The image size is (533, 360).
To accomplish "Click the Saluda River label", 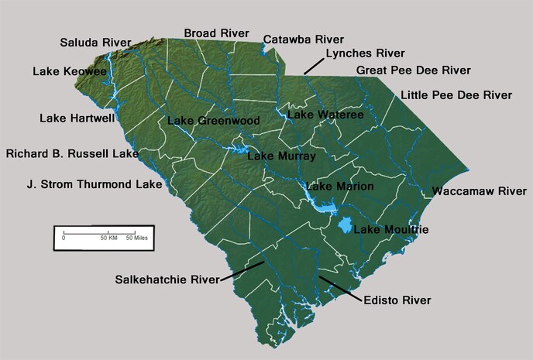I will pos(96,43).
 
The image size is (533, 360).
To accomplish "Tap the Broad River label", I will pos(216,33).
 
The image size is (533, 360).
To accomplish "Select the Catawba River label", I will pos(303,39).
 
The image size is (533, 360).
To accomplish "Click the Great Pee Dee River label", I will pos(413,70).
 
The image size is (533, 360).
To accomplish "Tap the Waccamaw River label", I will pos(479,190).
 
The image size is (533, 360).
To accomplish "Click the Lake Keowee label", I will pos(70,71).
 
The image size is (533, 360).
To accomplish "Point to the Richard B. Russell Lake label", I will pos(72,153).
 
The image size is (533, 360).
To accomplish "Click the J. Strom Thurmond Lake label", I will pos(95,185).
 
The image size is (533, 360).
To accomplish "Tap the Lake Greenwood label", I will pos(213,121).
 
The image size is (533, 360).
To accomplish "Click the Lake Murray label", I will pos(281,156).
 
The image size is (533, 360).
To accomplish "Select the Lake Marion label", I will pos(339,187).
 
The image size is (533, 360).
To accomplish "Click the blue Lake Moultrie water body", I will pos(345,226).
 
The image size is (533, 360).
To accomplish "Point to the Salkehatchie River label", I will pos(167,279).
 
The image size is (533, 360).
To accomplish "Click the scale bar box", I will pos(104,237).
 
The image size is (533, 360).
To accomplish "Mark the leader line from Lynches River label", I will pos(313,65).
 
